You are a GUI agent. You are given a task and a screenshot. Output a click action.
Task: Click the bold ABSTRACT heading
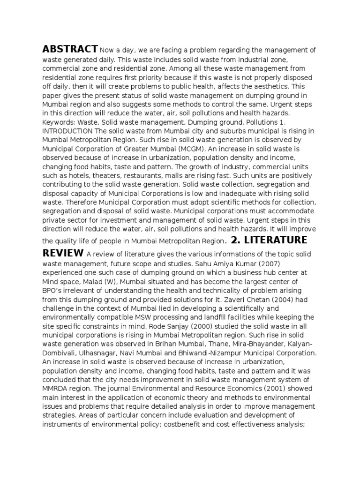pyautogui.click(x=70, y=49)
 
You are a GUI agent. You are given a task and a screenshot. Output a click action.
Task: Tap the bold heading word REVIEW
pyautogui.click(x=63, y=254)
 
